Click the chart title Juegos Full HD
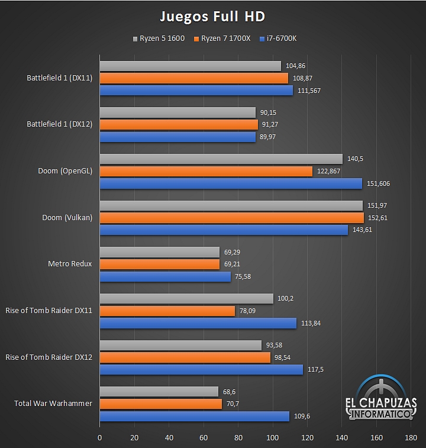coord(212,15)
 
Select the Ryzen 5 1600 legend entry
coord(159,38)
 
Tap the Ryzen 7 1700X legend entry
coord(222,38)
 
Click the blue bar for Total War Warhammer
coord(194,416)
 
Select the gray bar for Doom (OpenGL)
coord(221,159)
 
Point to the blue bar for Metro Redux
coord(164,276)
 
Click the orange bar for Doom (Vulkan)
coord(231,218)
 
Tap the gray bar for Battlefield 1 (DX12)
coord(177,112)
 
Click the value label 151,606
coord(378,183)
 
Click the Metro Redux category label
coord(70,264)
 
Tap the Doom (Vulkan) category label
coord(67,218)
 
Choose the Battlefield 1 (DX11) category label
coord(59,78)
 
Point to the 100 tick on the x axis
coord(273,438)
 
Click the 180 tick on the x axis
coord(411,438)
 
